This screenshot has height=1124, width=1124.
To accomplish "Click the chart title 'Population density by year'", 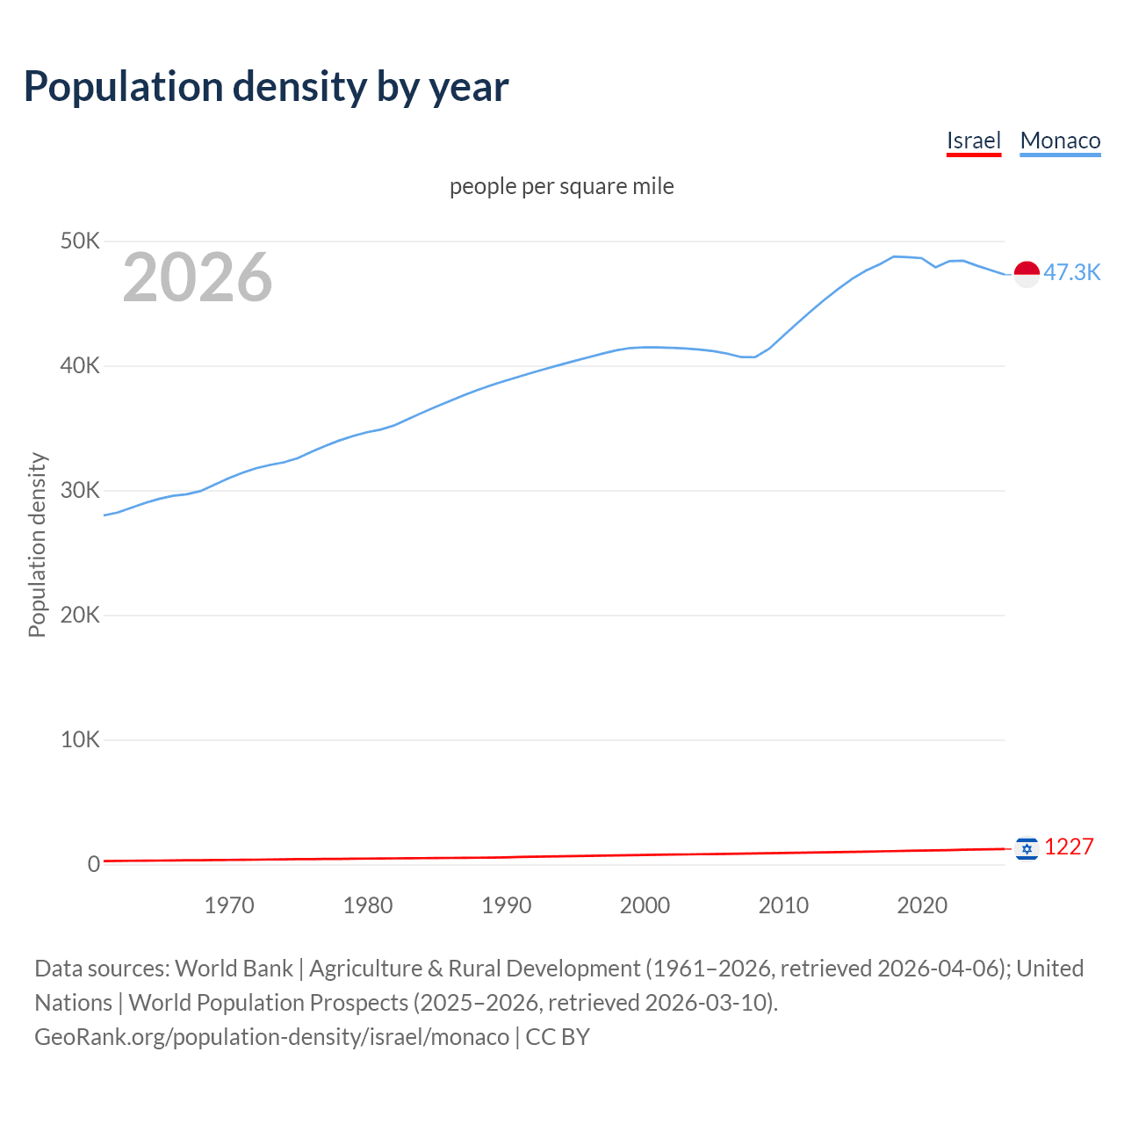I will click(266, 87).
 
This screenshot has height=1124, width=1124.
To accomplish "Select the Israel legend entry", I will click(973, 140).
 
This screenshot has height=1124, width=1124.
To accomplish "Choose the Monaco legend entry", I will click(1060, 140).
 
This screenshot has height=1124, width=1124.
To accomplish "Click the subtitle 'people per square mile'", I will click(561, 187).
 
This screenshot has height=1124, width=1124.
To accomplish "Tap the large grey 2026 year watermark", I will click(198, 277).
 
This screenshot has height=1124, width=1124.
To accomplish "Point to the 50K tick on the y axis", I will click(80, 241).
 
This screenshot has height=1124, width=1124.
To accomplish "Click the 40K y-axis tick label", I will click(80, 366).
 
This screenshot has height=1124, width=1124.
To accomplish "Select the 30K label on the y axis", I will click(80, 491).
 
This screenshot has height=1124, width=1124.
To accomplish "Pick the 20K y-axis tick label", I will click(80, 616).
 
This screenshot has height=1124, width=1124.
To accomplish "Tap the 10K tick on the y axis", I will click(80, 740).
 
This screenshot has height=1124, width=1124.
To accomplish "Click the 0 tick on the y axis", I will click(93, 865).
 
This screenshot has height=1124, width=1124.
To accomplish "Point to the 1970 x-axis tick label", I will click(229, 905).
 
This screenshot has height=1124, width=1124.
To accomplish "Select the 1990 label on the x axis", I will click(507, 905).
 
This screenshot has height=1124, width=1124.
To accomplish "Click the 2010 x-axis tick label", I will click(783, 905).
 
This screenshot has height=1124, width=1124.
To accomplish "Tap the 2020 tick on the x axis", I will click(922, 905).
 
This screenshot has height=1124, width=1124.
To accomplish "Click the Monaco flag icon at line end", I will click(1027, 274).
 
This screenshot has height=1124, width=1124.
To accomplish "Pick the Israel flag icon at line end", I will click(1027, 849).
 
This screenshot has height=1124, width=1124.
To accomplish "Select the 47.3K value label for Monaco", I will click(1071, 273).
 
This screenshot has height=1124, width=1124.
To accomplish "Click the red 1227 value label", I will click(1069, 847).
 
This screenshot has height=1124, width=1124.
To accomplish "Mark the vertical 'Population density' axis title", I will click(37, 544).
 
